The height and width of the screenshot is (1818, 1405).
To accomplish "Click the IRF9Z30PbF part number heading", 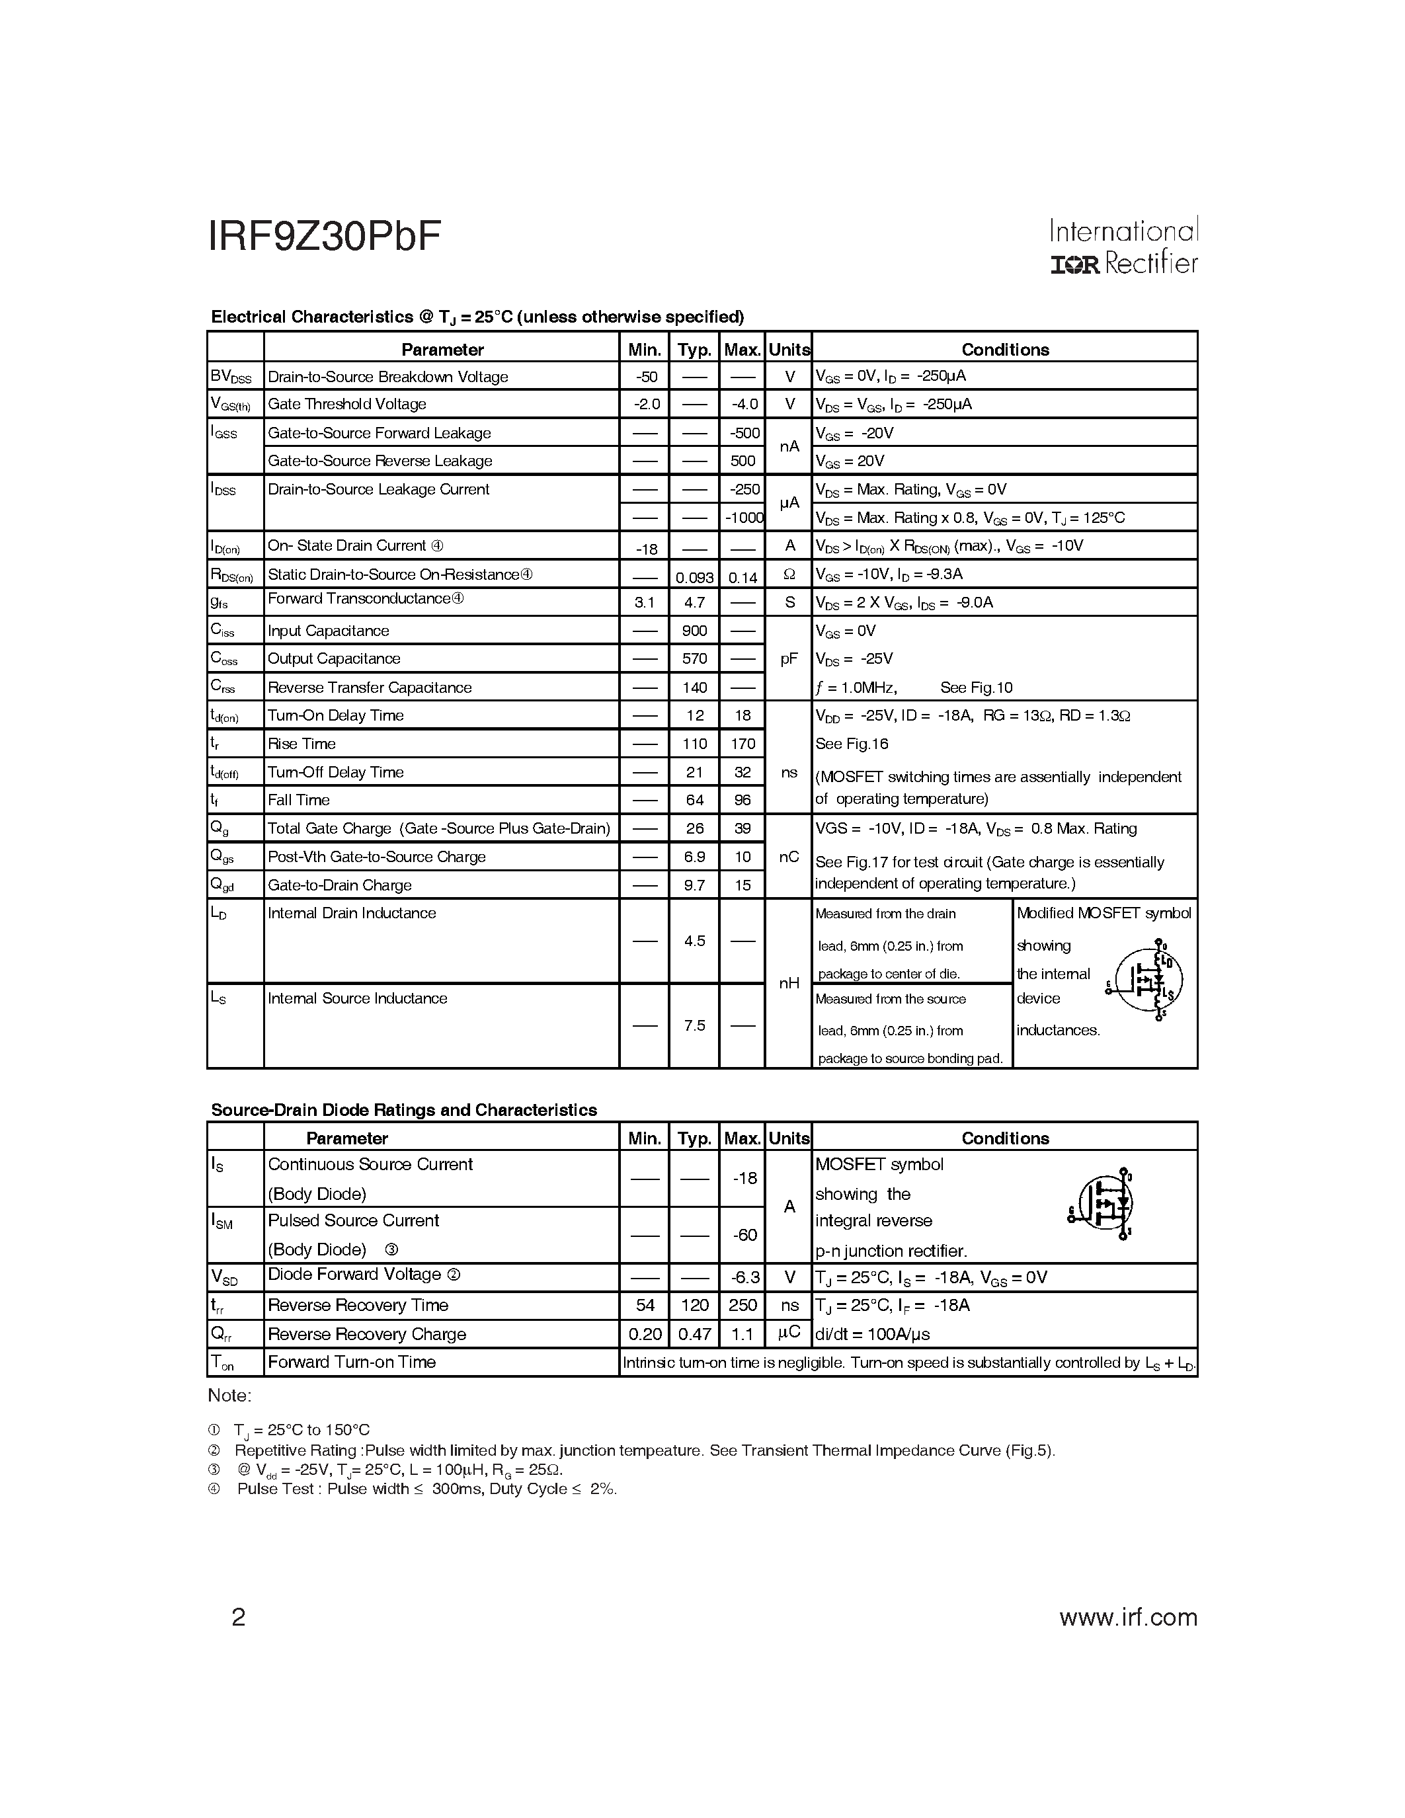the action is pos(324,237).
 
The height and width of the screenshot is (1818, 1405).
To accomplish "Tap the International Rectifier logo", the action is pos(1123,247).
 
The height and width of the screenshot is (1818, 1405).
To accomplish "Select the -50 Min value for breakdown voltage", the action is pos(646,376).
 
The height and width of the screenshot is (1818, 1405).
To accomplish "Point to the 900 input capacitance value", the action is pos(694,631).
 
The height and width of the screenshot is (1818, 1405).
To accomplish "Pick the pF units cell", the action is pos(789,658).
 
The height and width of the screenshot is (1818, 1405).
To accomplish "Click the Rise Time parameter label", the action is pos(301,743).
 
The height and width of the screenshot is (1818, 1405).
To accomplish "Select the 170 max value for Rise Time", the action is pos(743,743).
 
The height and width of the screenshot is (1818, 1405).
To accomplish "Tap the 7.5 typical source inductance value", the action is pos(694,1025).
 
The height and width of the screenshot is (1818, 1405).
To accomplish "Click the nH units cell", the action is pos(789,983).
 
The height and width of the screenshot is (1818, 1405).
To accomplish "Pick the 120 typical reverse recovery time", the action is pos(694,1305).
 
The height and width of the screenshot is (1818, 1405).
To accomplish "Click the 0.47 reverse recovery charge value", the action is pos(694,1333).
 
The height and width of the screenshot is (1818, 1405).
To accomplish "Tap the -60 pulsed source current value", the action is pos(744,1234).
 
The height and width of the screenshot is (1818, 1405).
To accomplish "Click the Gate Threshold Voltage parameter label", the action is pos(346,404).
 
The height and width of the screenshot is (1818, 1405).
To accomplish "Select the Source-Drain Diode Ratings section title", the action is pos(404,1109).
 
